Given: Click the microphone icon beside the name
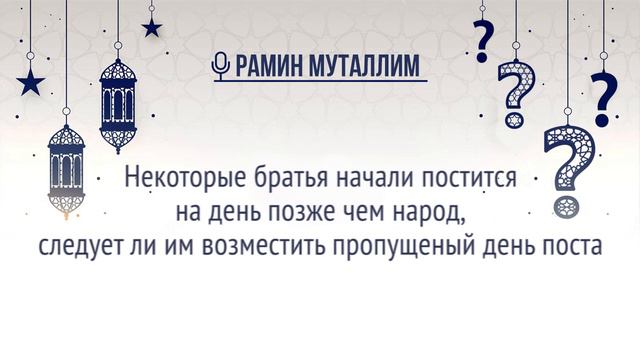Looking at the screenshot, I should [221, 66].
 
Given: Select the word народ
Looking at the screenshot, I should [429, 214].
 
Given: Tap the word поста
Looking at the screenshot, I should [570, 245].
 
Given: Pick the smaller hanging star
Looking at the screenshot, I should [152, 27].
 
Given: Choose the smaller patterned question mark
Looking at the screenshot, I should [516, 95].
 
